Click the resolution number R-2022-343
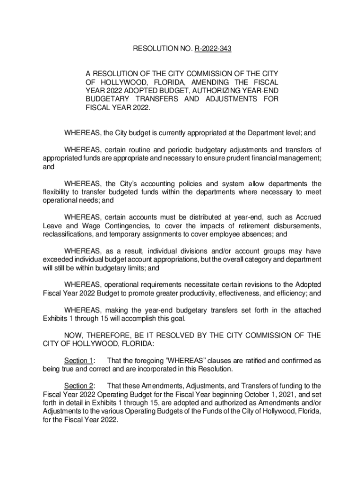tap(213, 48)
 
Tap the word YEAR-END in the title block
tap(259, 90)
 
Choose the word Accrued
tap(307, 217)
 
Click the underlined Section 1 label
tap(78, 361)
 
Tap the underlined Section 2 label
tap(78, 386)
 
